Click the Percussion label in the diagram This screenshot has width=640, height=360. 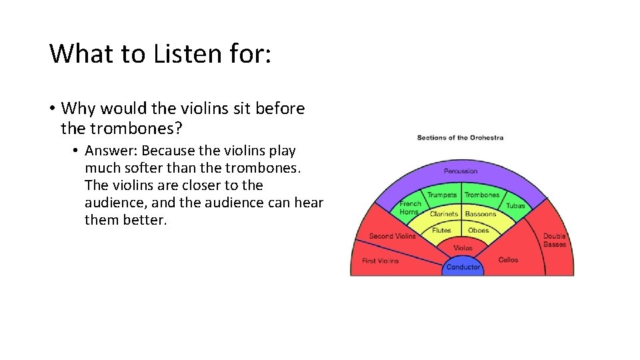[461, 171]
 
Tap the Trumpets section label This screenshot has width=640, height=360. [442, 195]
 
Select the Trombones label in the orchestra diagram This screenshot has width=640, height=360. [482, 195]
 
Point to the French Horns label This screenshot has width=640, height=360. [410, 207]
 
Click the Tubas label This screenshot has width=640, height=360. [515, 206]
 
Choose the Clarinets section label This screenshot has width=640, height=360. [444, 214]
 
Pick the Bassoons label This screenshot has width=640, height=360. [481, 214]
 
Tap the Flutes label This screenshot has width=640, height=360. [441, 231]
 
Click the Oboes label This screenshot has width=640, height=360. [479, 231]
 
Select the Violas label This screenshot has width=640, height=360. [463, 248]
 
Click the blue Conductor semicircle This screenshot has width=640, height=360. [463, 267]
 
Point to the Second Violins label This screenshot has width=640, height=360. [392, 236]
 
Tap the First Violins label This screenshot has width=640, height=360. [380, 261]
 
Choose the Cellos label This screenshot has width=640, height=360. [508, 259]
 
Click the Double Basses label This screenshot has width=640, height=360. [554, 240]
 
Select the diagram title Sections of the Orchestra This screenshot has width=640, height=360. [460, 138]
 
